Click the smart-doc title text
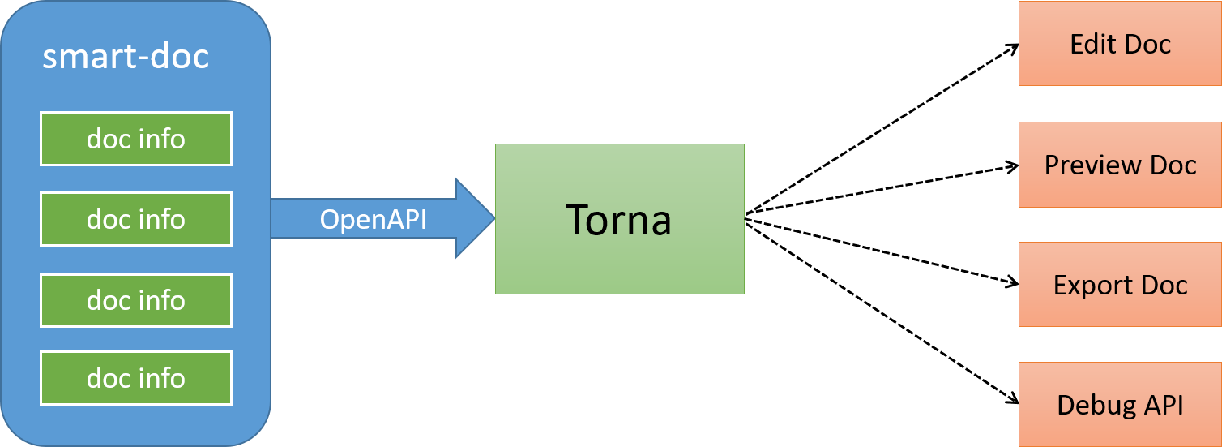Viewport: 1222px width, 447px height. (126, 57)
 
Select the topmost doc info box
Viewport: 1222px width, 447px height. (136, 139)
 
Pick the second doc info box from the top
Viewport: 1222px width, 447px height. (136, 219)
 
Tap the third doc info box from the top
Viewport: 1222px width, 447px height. (136, 300)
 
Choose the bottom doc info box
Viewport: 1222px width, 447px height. (136, 378)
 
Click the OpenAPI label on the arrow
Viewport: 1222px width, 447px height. (373, 219)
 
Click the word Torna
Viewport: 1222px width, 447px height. (618, 220)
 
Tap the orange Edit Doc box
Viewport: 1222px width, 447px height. (1120, 43)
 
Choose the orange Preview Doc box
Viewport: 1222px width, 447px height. (1120, 165)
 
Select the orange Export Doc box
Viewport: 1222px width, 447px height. (1120, 285)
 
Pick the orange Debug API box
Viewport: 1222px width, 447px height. (1120, 405)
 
